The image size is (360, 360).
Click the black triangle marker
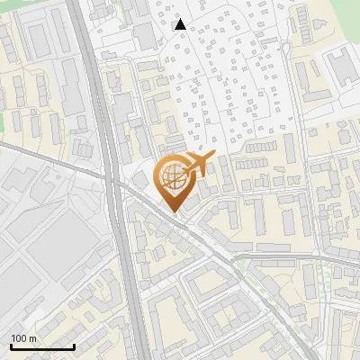180,24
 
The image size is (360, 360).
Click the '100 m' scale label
23,338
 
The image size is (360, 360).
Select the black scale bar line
42,346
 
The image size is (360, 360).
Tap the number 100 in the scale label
19,338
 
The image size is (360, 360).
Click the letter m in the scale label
32,338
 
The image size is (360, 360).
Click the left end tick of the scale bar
12,346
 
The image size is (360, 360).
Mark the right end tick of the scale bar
74,346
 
